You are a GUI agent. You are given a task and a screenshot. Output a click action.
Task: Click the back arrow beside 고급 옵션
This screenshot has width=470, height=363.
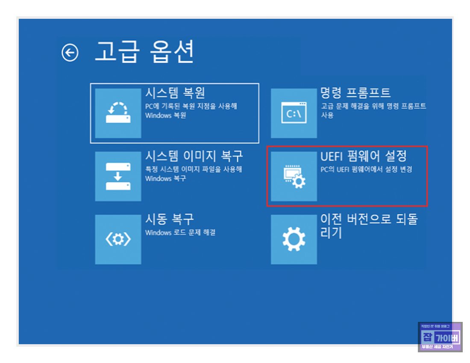(70, 53)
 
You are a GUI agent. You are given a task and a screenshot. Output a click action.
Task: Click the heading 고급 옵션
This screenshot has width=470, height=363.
(144, 52)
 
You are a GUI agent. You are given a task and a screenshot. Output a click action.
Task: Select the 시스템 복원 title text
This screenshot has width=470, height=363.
(175, 92)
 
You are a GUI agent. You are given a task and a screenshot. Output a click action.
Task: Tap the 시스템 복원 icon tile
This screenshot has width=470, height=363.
(118, 113)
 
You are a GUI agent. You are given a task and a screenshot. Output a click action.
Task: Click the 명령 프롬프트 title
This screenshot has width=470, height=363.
(355, 92)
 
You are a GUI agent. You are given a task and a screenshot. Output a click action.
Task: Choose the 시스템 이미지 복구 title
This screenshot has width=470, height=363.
(194, 156)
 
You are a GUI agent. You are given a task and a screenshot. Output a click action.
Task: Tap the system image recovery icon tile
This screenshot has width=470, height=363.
(118, 176)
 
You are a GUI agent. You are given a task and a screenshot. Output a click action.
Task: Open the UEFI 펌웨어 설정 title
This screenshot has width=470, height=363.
(364, 156)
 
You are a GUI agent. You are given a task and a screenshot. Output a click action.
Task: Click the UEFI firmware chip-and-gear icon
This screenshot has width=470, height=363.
(294, 176)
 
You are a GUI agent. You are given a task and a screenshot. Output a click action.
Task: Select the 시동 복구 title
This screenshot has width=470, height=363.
(170, 219)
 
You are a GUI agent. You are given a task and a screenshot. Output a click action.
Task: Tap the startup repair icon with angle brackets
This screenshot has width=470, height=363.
(118, 240)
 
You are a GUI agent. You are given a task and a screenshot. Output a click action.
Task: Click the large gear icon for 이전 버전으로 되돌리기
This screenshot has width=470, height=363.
(294, 240)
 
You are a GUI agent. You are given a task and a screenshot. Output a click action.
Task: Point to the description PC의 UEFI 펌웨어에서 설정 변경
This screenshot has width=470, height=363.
(366, 170)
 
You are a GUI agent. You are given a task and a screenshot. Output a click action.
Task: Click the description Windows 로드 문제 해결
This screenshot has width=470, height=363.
(180, 233)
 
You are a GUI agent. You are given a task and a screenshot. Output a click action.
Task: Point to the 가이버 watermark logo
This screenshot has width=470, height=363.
(440, 337)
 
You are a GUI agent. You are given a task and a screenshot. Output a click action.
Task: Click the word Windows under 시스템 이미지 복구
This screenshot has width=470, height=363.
(158, 179)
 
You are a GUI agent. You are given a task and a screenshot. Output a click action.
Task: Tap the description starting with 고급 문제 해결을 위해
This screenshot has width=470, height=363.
(373, 106)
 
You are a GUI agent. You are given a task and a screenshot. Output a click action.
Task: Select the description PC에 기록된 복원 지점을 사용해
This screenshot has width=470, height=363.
(191, 106)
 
